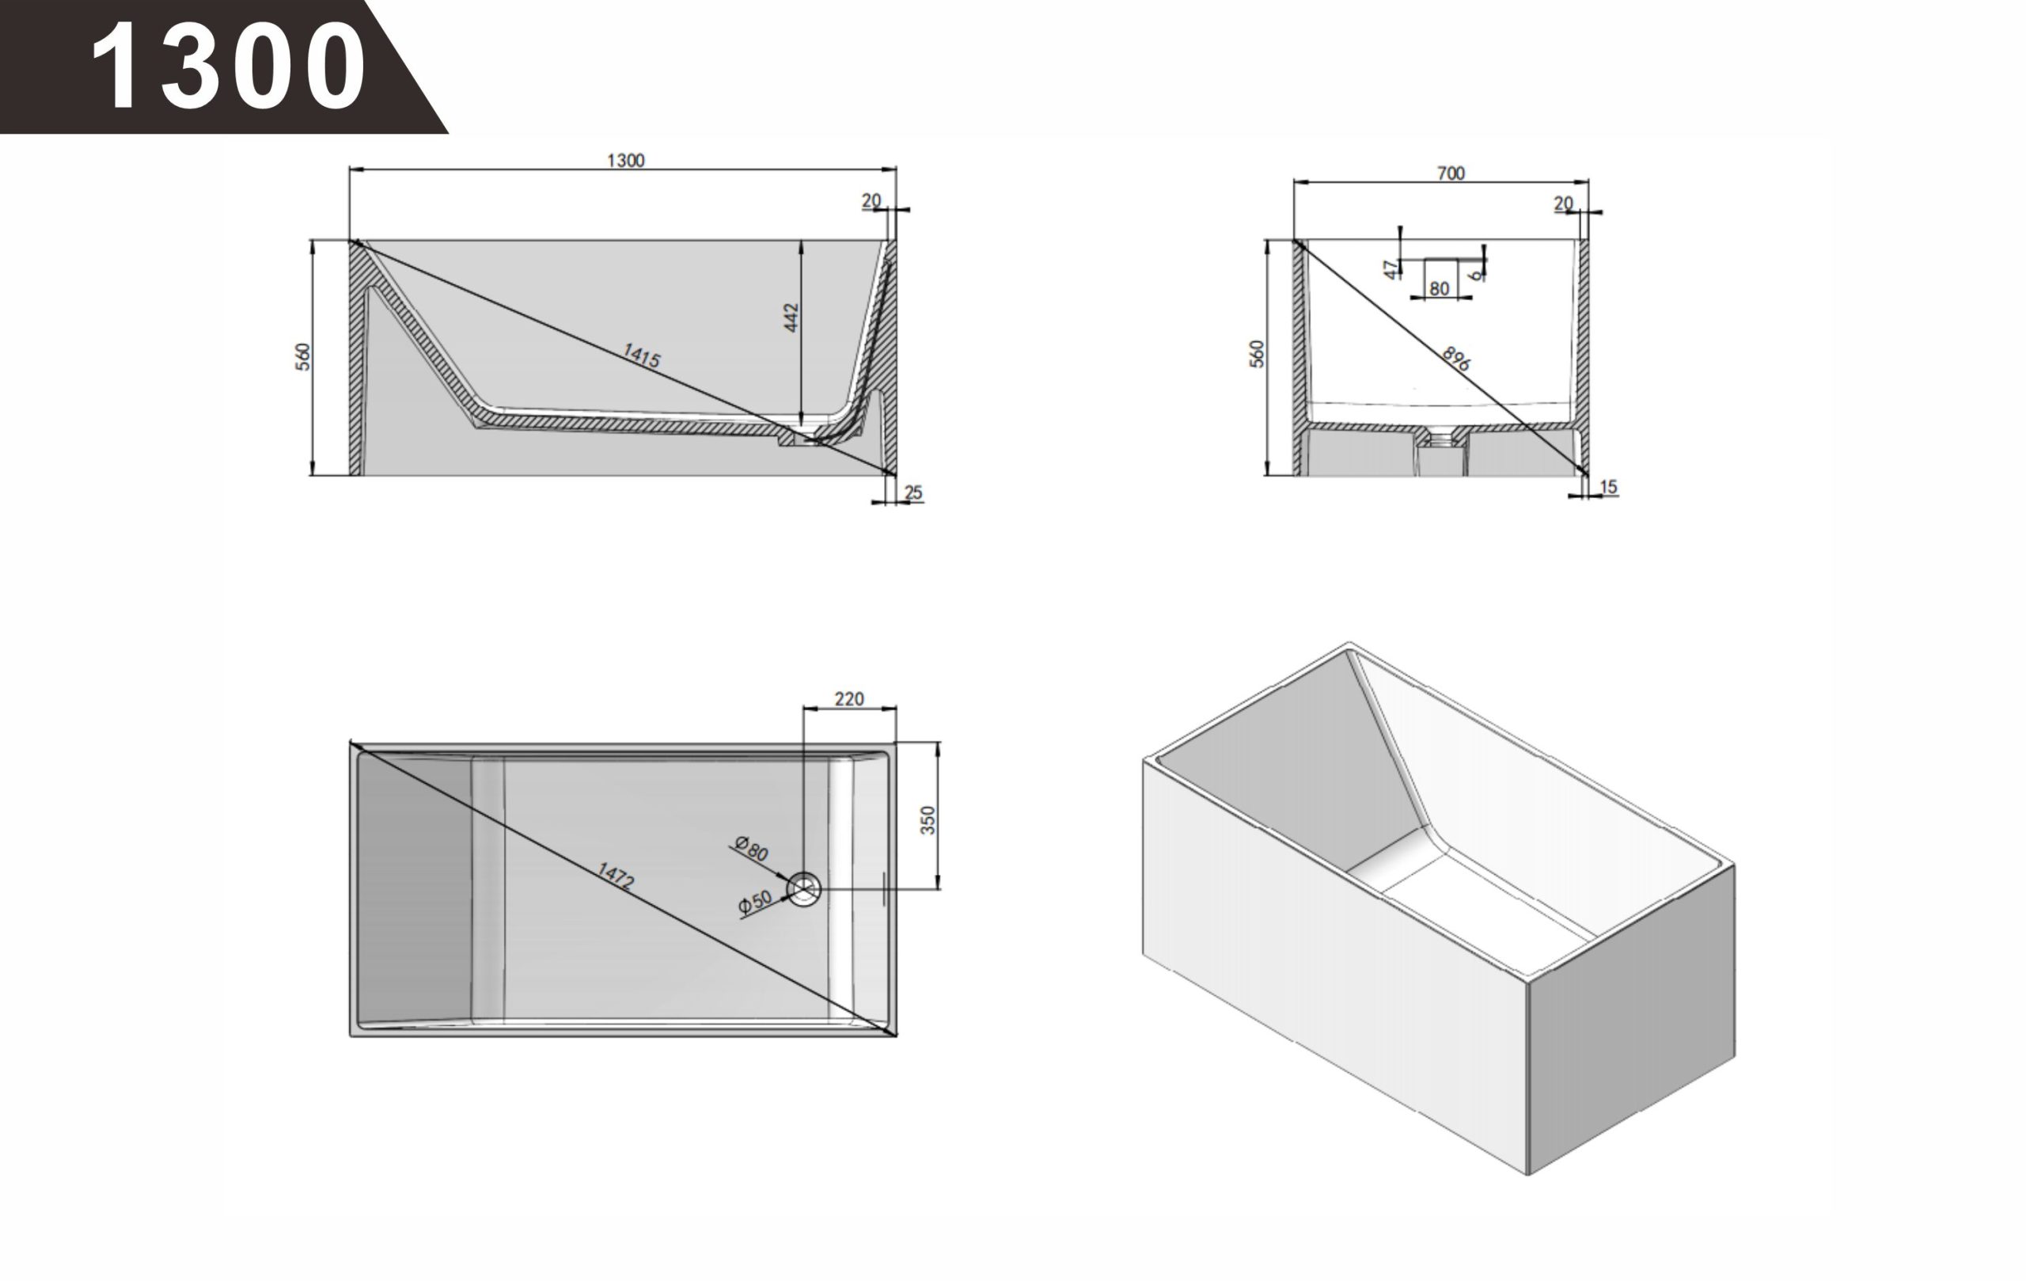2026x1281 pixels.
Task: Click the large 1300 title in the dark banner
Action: point(228,67)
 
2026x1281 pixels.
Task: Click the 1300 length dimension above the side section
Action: point(626,160)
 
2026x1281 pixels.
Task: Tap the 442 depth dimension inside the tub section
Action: point(791,317)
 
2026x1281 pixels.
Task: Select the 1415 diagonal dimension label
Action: point(641,355)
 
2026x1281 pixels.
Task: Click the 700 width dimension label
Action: point(1451,173)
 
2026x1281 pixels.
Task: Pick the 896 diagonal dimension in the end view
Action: point(1456,359)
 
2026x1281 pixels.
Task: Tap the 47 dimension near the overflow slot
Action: point(1391,269)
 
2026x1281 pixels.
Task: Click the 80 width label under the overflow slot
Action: point(1440,289)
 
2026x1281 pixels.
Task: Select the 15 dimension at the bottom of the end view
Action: point(1608,486)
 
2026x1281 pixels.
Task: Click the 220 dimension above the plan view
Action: point(849,698)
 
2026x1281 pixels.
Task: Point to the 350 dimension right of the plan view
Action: point(928,819)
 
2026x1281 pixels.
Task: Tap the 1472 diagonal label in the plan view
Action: point(616,876)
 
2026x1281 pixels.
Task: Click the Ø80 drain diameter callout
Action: point(751,849)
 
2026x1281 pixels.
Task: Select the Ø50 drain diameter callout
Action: point(755,903)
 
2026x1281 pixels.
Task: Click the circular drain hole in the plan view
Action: point(803,889)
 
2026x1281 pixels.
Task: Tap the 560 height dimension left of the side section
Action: point(303,357)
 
